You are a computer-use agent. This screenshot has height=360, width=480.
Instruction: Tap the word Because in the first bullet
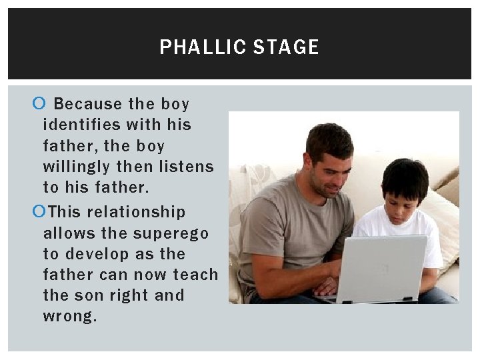(x=88, y=104)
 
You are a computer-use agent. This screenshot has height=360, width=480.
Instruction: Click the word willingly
(x=75, y=166)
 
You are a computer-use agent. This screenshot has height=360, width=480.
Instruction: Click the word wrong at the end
(x=69, y=316)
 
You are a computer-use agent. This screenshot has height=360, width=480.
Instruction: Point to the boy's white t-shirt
(x=427, y=233)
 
